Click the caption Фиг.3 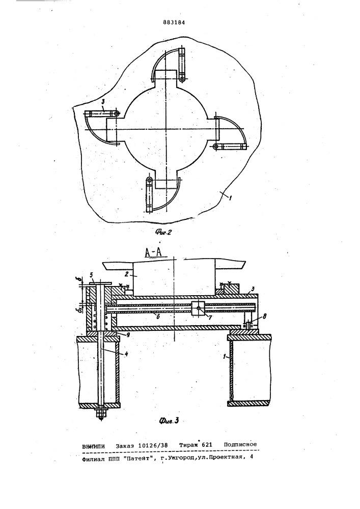point(169,421)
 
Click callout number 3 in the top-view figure point(102,102)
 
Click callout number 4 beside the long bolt point(126,354)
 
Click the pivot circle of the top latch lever point(182,78)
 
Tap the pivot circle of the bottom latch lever point(149,180)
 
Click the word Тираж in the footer point(189,445)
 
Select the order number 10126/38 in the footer point(153,445)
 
